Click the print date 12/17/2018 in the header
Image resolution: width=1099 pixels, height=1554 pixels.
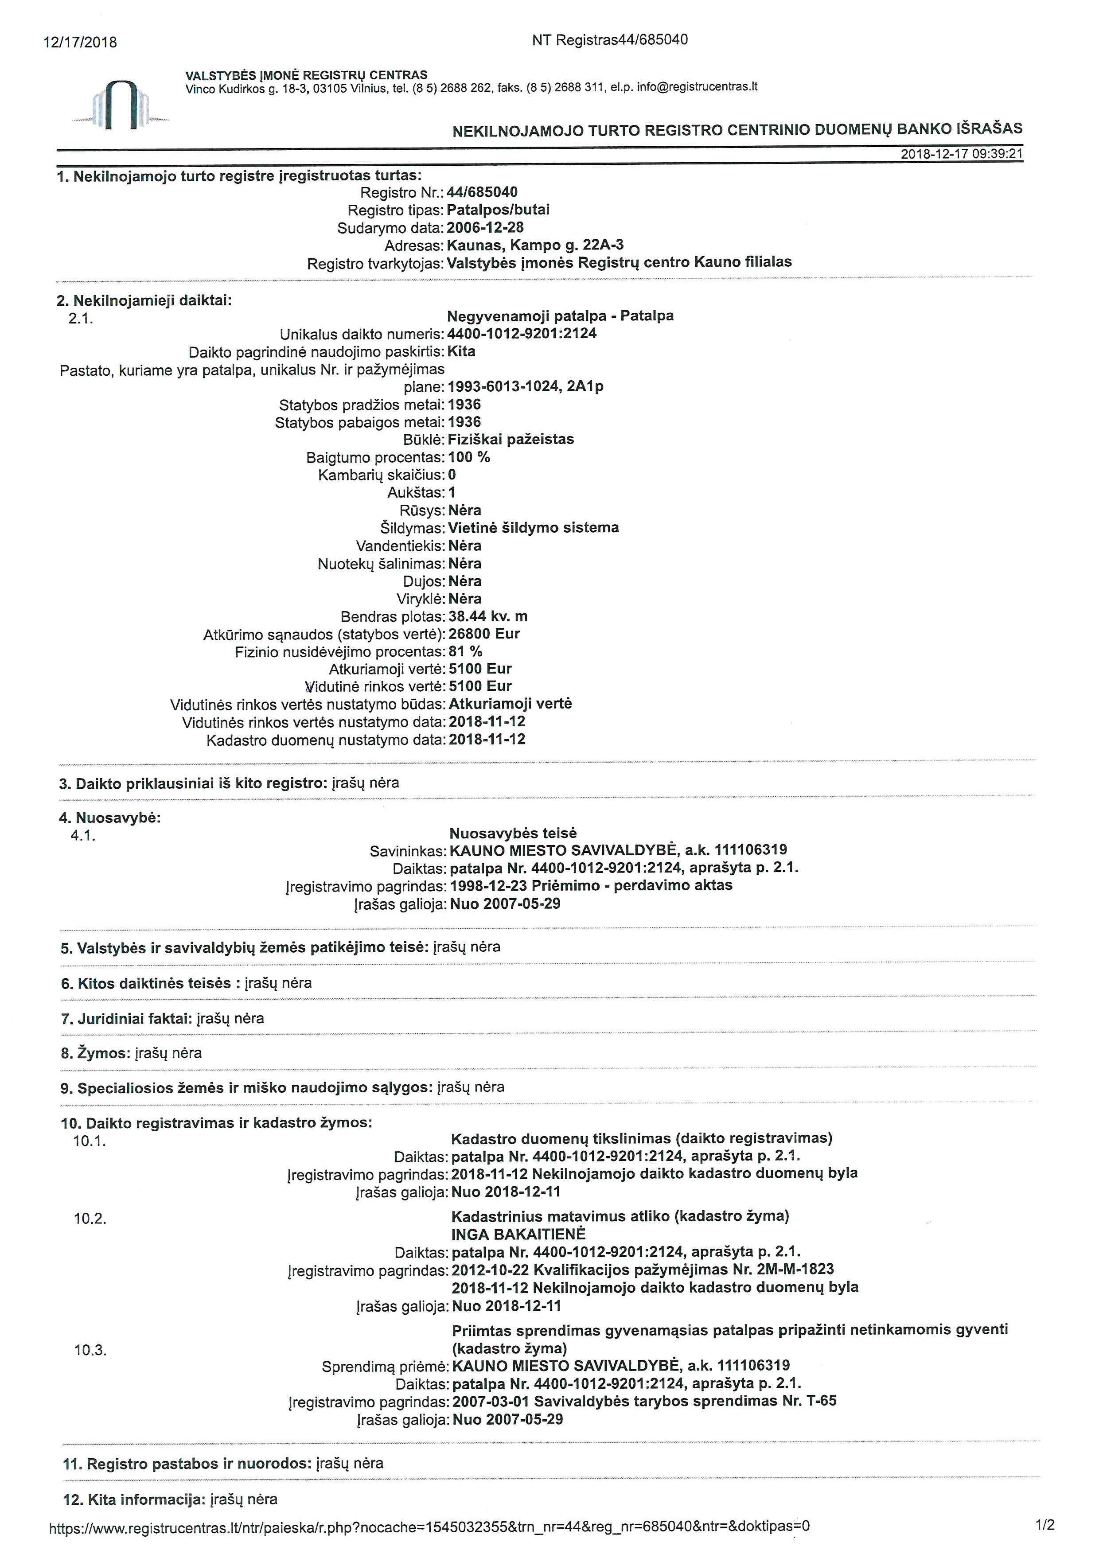pyautogui.click(x=80, y=43)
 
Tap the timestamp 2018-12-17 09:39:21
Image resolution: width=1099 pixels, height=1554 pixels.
pyautogui.click(x=961, y=154)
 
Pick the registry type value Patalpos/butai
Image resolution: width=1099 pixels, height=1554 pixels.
pyautogui.click(x=498, y=210)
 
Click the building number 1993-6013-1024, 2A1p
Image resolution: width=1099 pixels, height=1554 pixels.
pyautogui.click(x=526, y=386)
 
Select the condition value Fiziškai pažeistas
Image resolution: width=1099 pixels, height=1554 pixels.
pyautogui.click(x=511, y=439)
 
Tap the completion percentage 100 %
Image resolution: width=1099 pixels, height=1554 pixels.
pyautogui.click(x=469, y=457)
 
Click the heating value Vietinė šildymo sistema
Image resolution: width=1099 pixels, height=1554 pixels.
pyautogui.click(x=533, y=527)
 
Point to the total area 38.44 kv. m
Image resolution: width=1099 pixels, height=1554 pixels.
pyautogui.click(x=488, y=616)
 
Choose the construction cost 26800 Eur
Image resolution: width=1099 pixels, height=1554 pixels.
pyautogui.click(x=484, y=634)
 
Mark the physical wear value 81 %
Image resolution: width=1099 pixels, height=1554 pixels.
pyautogui.click(x=466, y=652)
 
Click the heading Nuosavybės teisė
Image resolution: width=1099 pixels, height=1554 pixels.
pyautogui.click(x=513, y=833)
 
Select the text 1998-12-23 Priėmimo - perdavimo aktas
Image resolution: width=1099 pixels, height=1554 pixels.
pyautogui.click(x=591, y=885)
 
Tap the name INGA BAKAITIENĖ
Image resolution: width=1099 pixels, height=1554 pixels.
pyautogui.click(x=518, y=1234)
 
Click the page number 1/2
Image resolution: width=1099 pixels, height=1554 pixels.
pyautogui.click(x=1045, y=1526)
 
